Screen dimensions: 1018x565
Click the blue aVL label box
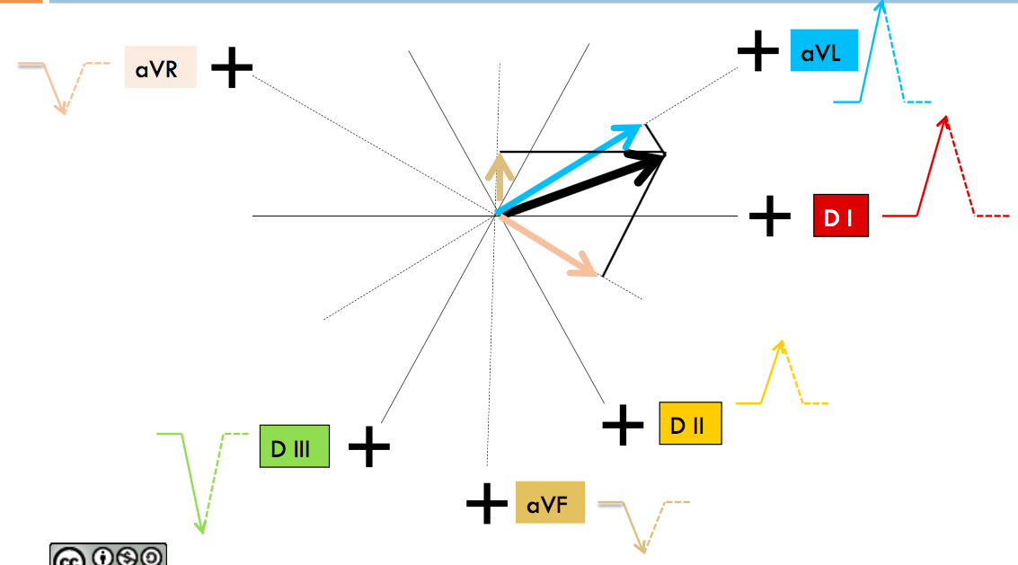coord(824,50)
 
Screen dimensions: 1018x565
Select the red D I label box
coord(841,216)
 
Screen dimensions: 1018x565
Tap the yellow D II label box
coord(690,423)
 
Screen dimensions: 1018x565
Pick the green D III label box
coord(294,446)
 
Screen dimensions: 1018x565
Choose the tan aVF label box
coord(550,503)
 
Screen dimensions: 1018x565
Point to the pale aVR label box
coord(160,66)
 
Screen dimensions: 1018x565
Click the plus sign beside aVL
coord(757,50)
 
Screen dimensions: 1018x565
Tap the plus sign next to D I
coord(770,216)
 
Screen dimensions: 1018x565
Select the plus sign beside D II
coord(624,425)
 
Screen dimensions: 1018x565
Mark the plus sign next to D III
coord(369,446)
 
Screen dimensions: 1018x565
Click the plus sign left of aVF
coord(487,503)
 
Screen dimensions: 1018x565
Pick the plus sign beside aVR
coord(232,66)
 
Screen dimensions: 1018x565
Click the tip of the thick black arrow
coord(665,154)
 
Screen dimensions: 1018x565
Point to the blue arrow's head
coord(642,125)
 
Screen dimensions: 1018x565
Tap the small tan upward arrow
coord(500,177)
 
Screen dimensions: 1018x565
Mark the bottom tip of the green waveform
coord(202,534)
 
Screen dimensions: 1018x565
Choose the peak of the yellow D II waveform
coord(782,341)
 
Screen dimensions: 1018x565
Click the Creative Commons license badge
coord(109,554)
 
